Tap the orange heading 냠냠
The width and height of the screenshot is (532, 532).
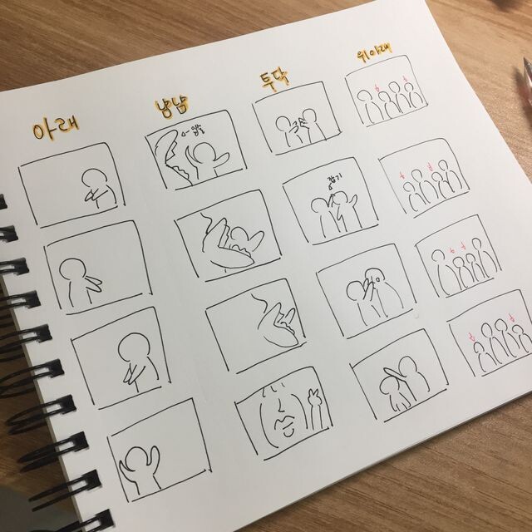[x=176, y=108]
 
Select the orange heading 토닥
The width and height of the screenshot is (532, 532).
[x=273, y=86]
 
